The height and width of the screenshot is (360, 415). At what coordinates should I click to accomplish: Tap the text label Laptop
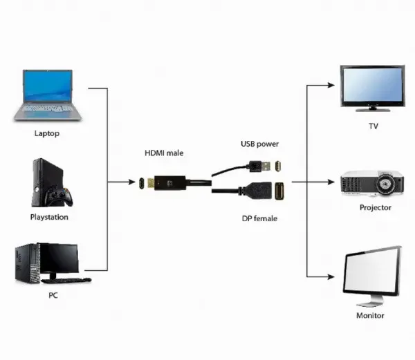46,133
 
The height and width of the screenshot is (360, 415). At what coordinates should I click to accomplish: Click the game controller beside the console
59,198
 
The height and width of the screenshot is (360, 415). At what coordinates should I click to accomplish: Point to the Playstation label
50,217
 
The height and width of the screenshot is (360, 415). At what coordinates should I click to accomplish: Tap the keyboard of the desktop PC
66,280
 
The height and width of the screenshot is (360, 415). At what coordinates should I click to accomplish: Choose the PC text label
53,296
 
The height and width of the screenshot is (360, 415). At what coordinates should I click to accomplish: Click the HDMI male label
164,153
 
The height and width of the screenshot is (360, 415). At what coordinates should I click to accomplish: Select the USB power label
259,144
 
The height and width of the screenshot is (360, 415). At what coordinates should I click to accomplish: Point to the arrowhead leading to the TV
333,86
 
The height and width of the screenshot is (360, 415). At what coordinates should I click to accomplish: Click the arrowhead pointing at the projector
333,183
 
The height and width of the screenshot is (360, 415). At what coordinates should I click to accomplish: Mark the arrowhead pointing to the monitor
333,277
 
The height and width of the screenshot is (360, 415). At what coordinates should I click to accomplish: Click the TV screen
373,85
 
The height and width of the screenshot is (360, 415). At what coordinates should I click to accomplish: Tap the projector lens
389,184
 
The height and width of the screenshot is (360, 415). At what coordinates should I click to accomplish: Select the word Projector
375,207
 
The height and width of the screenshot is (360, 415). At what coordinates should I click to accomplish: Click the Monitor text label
370,315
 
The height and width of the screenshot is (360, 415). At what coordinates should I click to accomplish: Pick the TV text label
373,127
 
